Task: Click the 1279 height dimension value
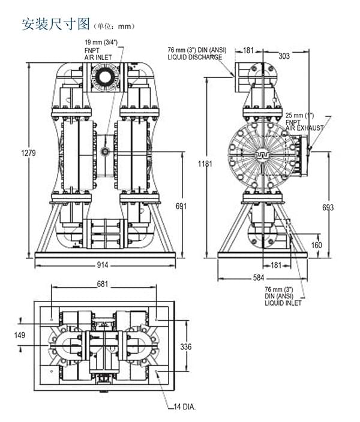[x=29, y=152]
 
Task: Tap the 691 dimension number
[x=181, y=206]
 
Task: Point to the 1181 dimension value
[x=205, y=164]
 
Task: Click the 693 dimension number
[x=328, y=207]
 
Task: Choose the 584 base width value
[x=259, y=278]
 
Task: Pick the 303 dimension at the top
[x=284, y=56]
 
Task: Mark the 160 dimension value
[x=316, y=245]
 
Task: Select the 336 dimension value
[x=186, y=346]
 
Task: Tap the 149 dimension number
[x=20, y=335]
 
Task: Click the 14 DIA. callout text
[x=185, y=407]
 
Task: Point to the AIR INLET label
[x=98, y=57]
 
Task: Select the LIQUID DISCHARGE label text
[x=195, y=58]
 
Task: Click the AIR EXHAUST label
[x=304, y=128]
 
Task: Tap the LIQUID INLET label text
[x=283, y=303]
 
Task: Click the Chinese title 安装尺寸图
[x=55, y=25]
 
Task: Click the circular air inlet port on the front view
[x=106, y=77]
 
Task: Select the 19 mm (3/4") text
[x=101, y=43]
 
